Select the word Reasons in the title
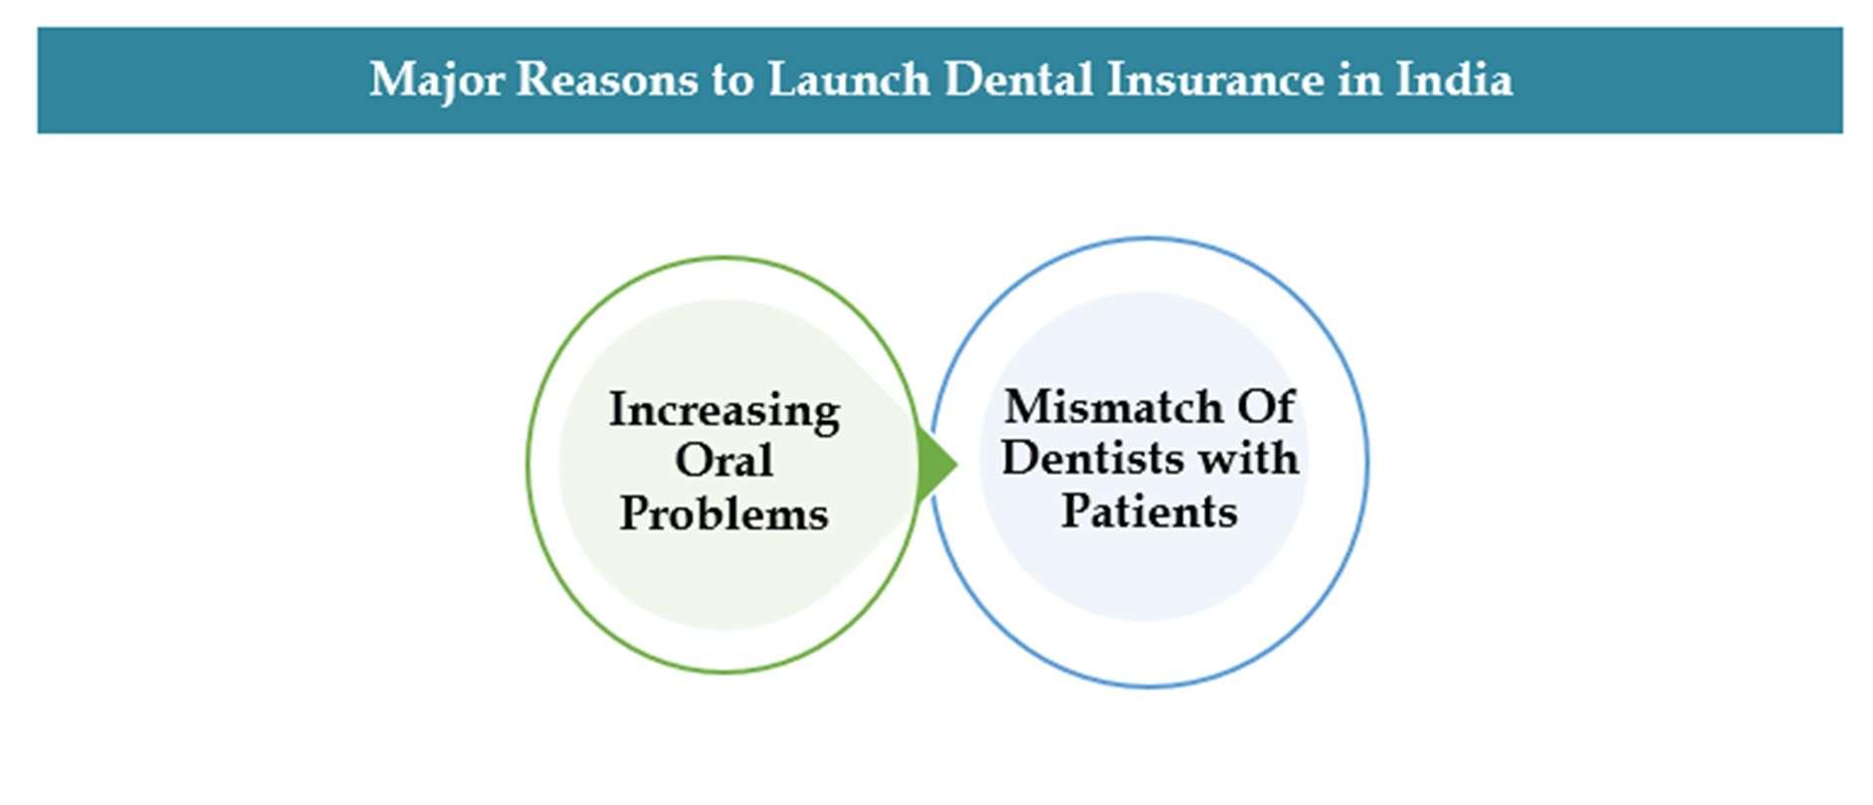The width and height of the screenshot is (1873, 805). (606, 80)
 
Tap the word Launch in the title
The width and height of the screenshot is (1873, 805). (848, 80)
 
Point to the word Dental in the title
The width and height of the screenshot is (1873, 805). (1018, 80)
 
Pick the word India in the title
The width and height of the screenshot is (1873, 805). (1454, 80)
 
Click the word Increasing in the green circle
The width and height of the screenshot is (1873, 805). (724, 410)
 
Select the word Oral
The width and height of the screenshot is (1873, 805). (724, 461)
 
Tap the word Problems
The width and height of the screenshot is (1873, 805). (724, 513)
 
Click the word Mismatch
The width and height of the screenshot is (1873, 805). (1113, 407)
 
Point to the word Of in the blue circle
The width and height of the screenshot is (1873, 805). (1266, 407)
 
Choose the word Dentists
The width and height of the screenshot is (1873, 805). (1092, 459)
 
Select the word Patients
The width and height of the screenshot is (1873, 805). (1148, 511)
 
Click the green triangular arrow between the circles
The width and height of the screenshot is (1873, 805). (936, 464)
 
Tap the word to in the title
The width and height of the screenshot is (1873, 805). (731, 81)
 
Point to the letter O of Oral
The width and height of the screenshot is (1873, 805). (694, 461)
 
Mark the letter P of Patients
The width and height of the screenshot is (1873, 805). (1075, 511)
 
